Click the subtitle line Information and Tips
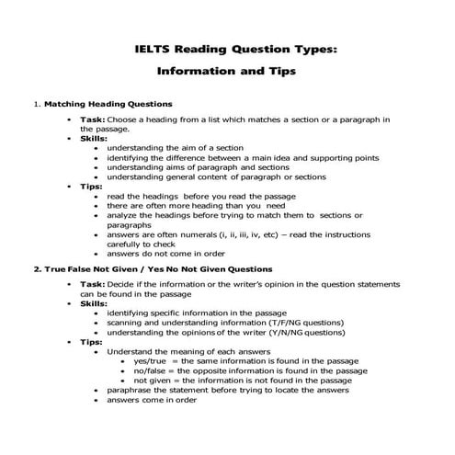tap(227, 69)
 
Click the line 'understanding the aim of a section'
tap(176, 147)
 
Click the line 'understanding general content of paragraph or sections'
tap(216, 176)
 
